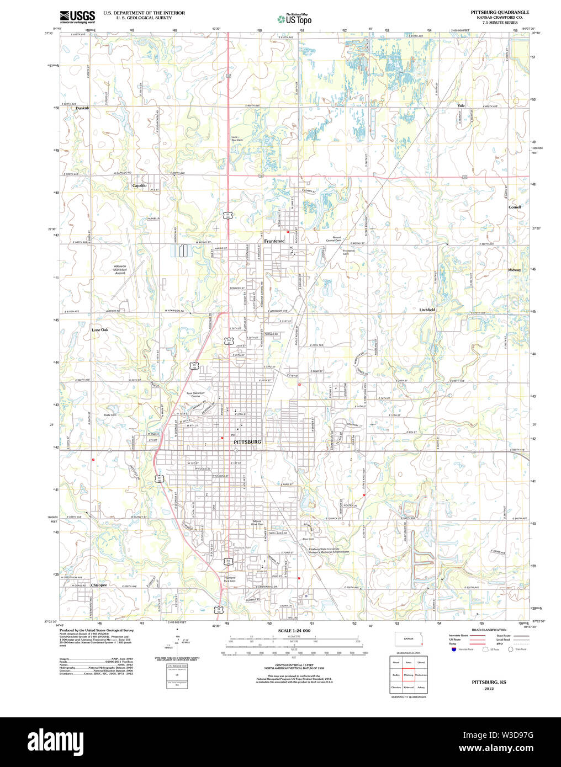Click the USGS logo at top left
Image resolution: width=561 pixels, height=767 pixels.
(x=77, y=16)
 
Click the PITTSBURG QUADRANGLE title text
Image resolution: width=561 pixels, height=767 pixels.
(x=499, y=12)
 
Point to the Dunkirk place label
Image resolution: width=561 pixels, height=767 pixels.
(x=82, y=108)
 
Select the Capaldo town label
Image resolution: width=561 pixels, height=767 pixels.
(x=139, y=185)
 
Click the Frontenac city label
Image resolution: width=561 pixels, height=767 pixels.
(x=274, y=241)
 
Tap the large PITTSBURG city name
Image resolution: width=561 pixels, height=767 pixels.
(x=247, y=442)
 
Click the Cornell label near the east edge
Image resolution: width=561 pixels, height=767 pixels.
(x=515, y=207)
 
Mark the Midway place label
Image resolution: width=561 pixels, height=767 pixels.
(x=514, y=270)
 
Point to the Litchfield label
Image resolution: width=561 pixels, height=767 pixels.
(x=427, y=310)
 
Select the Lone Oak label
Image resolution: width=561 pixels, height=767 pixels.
(x=100, y=330)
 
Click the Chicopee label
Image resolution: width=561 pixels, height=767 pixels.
(x=99, y=584)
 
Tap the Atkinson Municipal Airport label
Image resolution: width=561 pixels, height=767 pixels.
(x=120, y=269)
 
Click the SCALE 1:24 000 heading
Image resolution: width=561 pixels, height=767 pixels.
(x=294, y=631)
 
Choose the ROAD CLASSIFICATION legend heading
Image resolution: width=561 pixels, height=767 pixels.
(x=489, y=630)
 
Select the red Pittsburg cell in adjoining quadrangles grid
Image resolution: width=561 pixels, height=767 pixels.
(x=409, y=675)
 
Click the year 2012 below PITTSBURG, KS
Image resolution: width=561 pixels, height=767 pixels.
(x=489, y=689)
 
